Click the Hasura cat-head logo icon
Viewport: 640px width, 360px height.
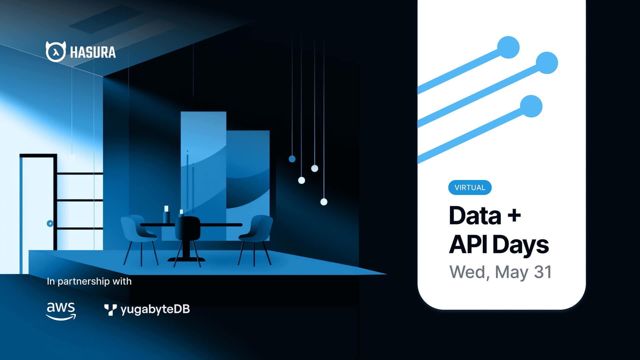click(55, 52)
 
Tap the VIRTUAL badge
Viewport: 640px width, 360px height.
click(470, 187)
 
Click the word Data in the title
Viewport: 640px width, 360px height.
click(475, 216)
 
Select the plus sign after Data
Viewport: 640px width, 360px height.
click(514, 215)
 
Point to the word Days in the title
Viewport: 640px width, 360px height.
click(520, 245)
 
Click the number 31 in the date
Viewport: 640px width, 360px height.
click(543, 272)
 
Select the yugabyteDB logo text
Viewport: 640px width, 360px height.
click(155, 309)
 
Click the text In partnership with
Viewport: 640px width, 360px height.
click(89, 281)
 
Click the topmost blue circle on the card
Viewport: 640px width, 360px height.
click(508, 47)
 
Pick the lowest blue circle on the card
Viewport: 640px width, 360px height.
click(531, 106)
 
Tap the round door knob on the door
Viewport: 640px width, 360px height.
click(50, 223)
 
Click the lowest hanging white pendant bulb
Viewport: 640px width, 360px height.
click(324, 202)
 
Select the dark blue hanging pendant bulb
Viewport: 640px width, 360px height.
click(292, 159)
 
